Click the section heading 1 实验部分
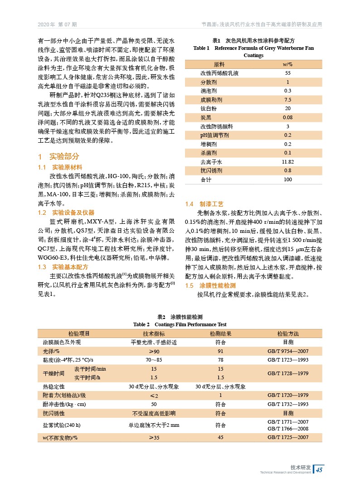[x=59, y=157]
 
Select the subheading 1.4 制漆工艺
[x=204, y=204]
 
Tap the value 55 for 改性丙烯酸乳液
[x=287, y=73]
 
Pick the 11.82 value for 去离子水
[x=287, y=162]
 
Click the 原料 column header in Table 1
[x=219, y=64]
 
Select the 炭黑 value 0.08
[x=287, y=117]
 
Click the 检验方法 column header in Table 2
[x=288, y=333]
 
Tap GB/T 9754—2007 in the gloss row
[x=288, y=351]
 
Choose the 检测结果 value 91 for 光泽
[x=220, y=351]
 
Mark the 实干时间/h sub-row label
[x=87, y=377]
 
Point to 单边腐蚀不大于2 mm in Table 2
[x=154, y=425]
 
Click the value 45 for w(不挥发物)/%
[x=220, y=437]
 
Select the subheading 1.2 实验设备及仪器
[x=66, y=213]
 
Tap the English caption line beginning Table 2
[x=180, y=324]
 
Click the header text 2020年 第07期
[x=57, y=24]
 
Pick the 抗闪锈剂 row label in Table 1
[x=211, y=171]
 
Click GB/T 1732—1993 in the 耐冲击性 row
[x=288, y=404]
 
